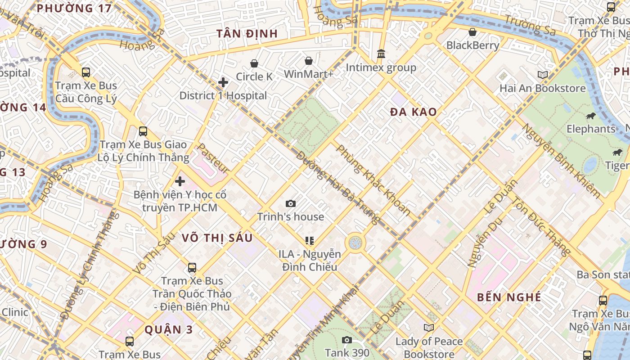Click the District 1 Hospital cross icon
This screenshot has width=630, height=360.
coord(223,82)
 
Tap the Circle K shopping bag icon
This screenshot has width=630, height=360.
coord(254,63)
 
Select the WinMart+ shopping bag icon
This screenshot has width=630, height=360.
coord(309,60)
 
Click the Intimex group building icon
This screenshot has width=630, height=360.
coord(381,54)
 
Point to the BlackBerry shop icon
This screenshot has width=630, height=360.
coord(472,32)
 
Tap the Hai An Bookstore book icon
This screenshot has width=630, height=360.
coord(543,75)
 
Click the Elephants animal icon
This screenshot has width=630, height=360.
coord(591,116)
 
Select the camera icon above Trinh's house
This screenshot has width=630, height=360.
coord(291,203)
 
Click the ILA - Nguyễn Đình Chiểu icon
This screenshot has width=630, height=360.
coord(309,241)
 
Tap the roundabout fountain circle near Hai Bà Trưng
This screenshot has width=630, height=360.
coord(355,243)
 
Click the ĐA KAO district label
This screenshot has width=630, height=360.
coord(413,112)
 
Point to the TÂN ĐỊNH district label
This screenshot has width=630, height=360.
coord(247,34)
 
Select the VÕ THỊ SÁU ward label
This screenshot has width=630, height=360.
coord(217,238)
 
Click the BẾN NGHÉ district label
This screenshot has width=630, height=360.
coord(509,297)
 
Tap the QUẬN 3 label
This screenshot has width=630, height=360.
coord(169,329)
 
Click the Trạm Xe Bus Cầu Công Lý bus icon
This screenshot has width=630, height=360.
coord(85,72)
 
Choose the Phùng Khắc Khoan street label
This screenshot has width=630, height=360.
coord(373,180)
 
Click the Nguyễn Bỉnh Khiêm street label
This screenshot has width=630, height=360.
coord(561,161)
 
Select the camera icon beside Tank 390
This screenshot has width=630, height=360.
coord(346,340)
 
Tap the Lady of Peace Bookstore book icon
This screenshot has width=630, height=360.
coord(429,328)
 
